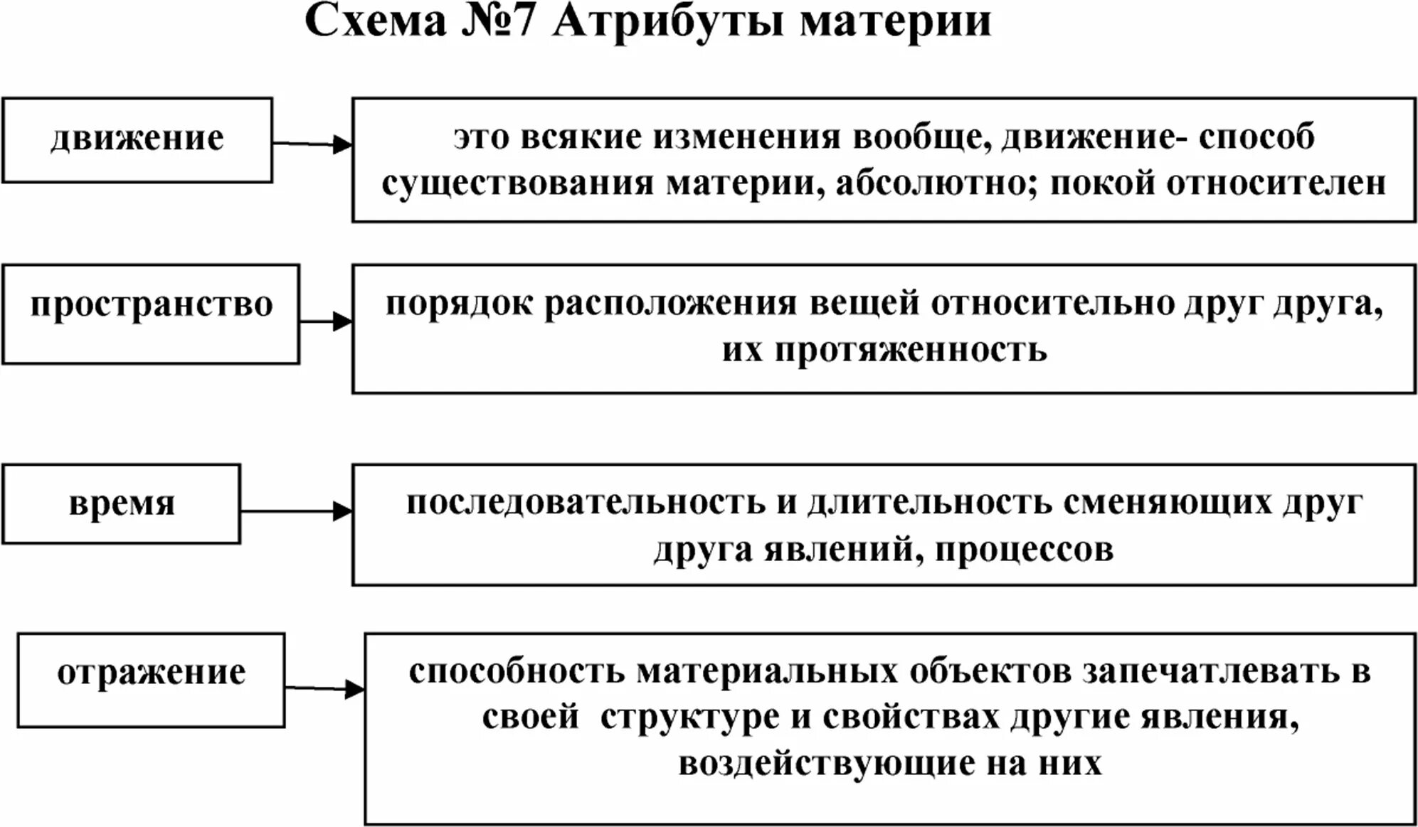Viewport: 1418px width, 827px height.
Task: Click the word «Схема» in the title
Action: click(376, 21)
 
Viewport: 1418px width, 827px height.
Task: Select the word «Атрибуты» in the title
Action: click(668, 21)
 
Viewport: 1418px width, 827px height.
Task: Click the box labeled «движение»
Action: click(137, 139)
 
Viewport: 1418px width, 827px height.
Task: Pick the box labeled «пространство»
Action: click(151, 313)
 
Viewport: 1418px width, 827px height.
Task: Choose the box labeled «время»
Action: click(122, 503)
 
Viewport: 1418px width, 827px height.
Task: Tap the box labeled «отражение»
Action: click(151, 679)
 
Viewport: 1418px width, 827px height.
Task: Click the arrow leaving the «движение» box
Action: click(312, 144)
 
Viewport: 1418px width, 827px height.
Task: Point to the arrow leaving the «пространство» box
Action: click(326, 321)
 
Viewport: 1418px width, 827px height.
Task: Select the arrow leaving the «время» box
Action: click(296, 511)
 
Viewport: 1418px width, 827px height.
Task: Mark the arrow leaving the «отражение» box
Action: click(324, 688)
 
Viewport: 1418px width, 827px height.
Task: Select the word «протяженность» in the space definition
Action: click(911, 351)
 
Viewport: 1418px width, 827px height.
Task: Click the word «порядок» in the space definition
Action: click(459, 305)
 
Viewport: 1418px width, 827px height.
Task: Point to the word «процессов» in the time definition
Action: click(1024, 550)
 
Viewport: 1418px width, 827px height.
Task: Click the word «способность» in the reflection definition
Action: click(517, 672)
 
